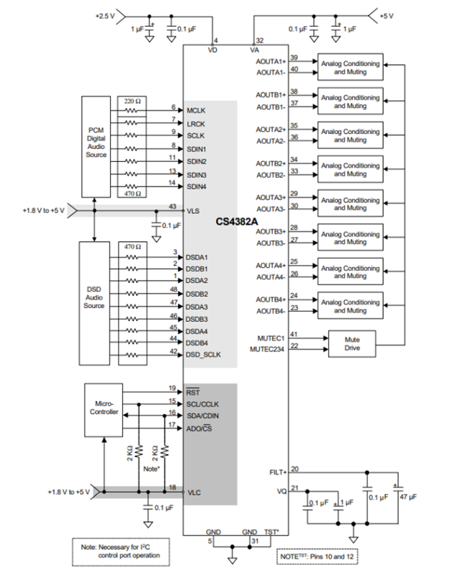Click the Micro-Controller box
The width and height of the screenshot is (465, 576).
(103, 408)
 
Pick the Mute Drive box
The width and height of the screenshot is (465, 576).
(351, 343)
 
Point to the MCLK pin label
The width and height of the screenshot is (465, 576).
(197, 109)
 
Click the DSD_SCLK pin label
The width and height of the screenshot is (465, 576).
(204, 354)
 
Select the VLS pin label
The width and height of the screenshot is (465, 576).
(194, 210)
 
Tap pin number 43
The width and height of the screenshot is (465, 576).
(173, 207)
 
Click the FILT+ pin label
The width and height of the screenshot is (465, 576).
(276, 472)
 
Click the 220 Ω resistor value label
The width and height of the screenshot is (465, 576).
(132, 101)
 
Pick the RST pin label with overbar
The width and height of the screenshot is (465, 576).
(193, 392)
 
